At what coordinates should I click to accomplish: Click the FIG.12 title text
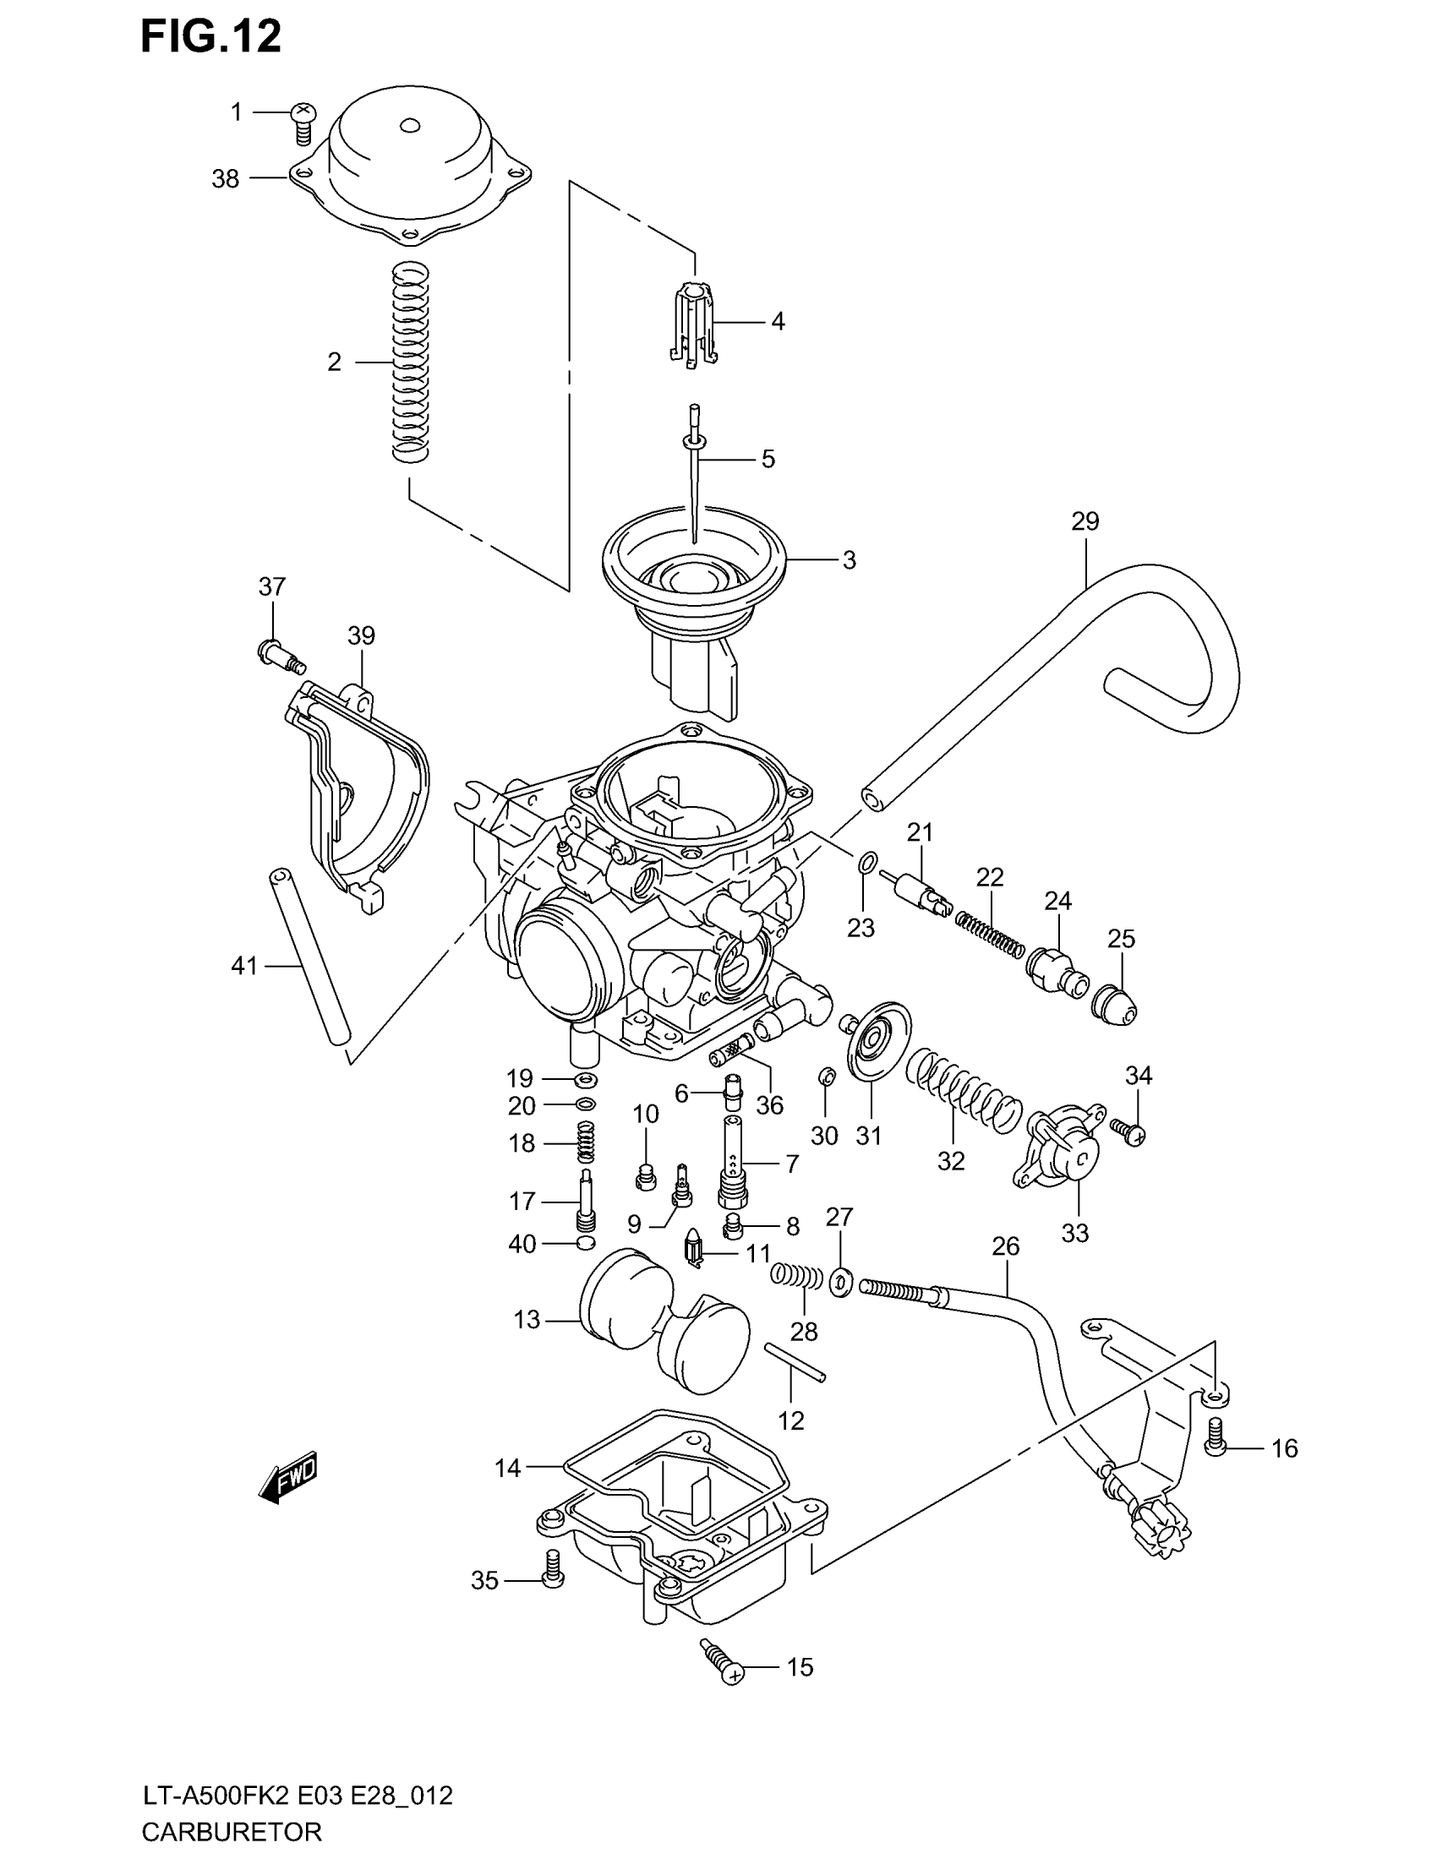pos(210,38)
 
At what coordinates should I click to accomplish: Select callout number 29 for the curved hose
pos(1085,521)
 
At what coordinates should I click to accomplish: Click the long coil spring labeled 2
pos(409,362)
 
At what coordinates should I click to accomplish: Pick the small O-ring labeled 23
pos(865,864)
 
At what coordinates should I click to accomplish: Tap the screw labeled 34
pos(1128,1131)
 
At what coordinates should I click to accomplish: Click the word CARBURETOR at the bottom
pos(232,1830)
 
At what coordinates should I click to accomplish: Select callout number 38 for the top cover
pos(226,179)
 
